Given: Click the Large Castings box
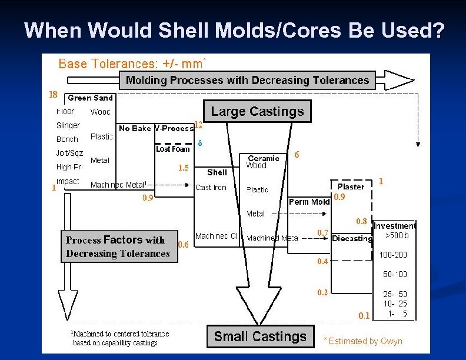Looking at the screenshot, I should (x=257, y=111).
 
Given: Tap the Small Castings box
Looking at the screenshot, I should (x=260, y=336).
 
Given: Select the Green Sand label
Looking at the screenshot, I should (x=90, y=98).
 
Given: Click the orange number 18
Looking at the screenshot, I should (x=53, y=94).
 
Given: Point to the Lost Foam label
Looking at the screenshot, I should (x=172, y=149).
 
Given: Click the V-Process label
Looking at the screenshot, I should (x=174, y=128).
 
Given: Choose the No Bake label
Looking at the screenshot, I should (x=135, y=128).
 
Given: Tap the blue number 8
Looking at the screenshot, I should (x=199, y=143).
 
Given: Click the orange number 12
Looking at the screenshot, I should (x=198, y=125).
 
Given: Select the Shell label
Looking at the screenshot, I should (x=217, y=172).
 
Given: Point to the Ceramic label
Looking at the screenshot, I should (x=264, y=158).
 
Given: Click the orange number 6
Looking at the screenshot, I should (x=297, y=155).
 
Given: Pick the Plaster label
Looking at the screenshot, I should (x=351, y=186).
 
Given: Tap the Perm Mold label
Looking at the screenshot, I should (x=309, y=202).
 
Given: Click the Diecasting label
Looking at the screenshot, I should (x=352, y=238).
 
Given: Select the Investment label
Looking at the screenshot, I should (x=394, y=225).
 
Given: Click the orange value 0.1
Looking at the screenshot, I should (x=364, y=316).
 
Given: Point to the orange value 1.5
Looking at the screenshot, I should (x=184, y=168).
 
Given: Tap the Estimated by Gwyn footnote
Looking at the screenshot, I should (x=363, y=341).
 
